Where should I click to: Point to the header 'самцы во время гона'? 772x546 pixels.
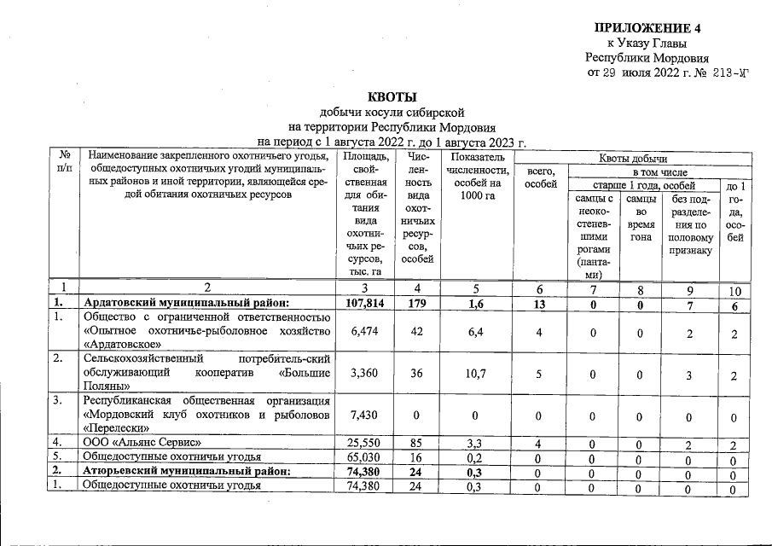641,223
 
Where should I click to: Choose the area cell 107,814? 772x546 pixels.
365,302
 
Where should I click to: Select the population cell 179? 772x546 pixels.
416,302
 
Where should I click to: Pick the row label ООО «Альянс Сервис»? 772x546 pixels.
141,443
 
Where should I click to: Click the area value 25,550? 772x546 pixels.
365,443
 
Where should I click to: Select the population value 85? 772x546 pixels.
416,443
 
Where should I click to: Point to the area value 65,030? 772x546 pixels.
365,457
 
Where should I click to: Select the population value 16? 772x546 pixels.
416,457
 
